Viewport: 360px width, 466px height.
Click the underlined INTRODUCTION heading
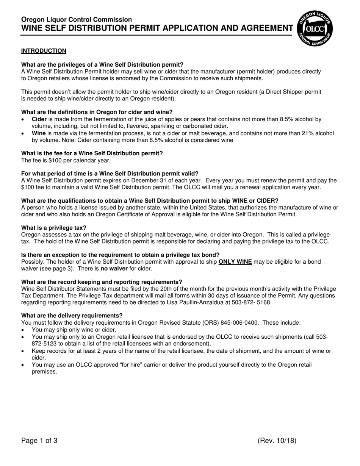tap(44, 51)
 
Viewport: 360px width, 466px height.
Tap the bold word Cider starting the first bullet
tap(39, 119)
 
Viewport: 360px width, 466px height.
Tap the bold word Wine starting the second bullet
tap(39, 133)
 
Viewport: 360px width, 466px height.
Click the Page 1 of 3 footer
tap(39, 441)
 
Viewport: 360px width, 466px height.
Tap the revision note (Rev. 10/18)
tap(277, 441)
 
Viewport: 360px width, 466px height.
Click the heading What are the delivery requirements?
tap(72, 316)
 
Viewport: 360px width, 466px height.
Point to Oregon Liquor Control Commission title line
tap(77, 19)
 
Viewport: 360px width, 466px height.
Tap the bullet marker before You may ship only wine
tap(23, 330)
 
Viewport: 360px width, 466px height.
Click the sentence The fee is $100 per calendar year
tap(66, 160)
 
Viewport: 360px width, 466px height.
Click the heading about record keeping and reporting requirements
tap(102, 282)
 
